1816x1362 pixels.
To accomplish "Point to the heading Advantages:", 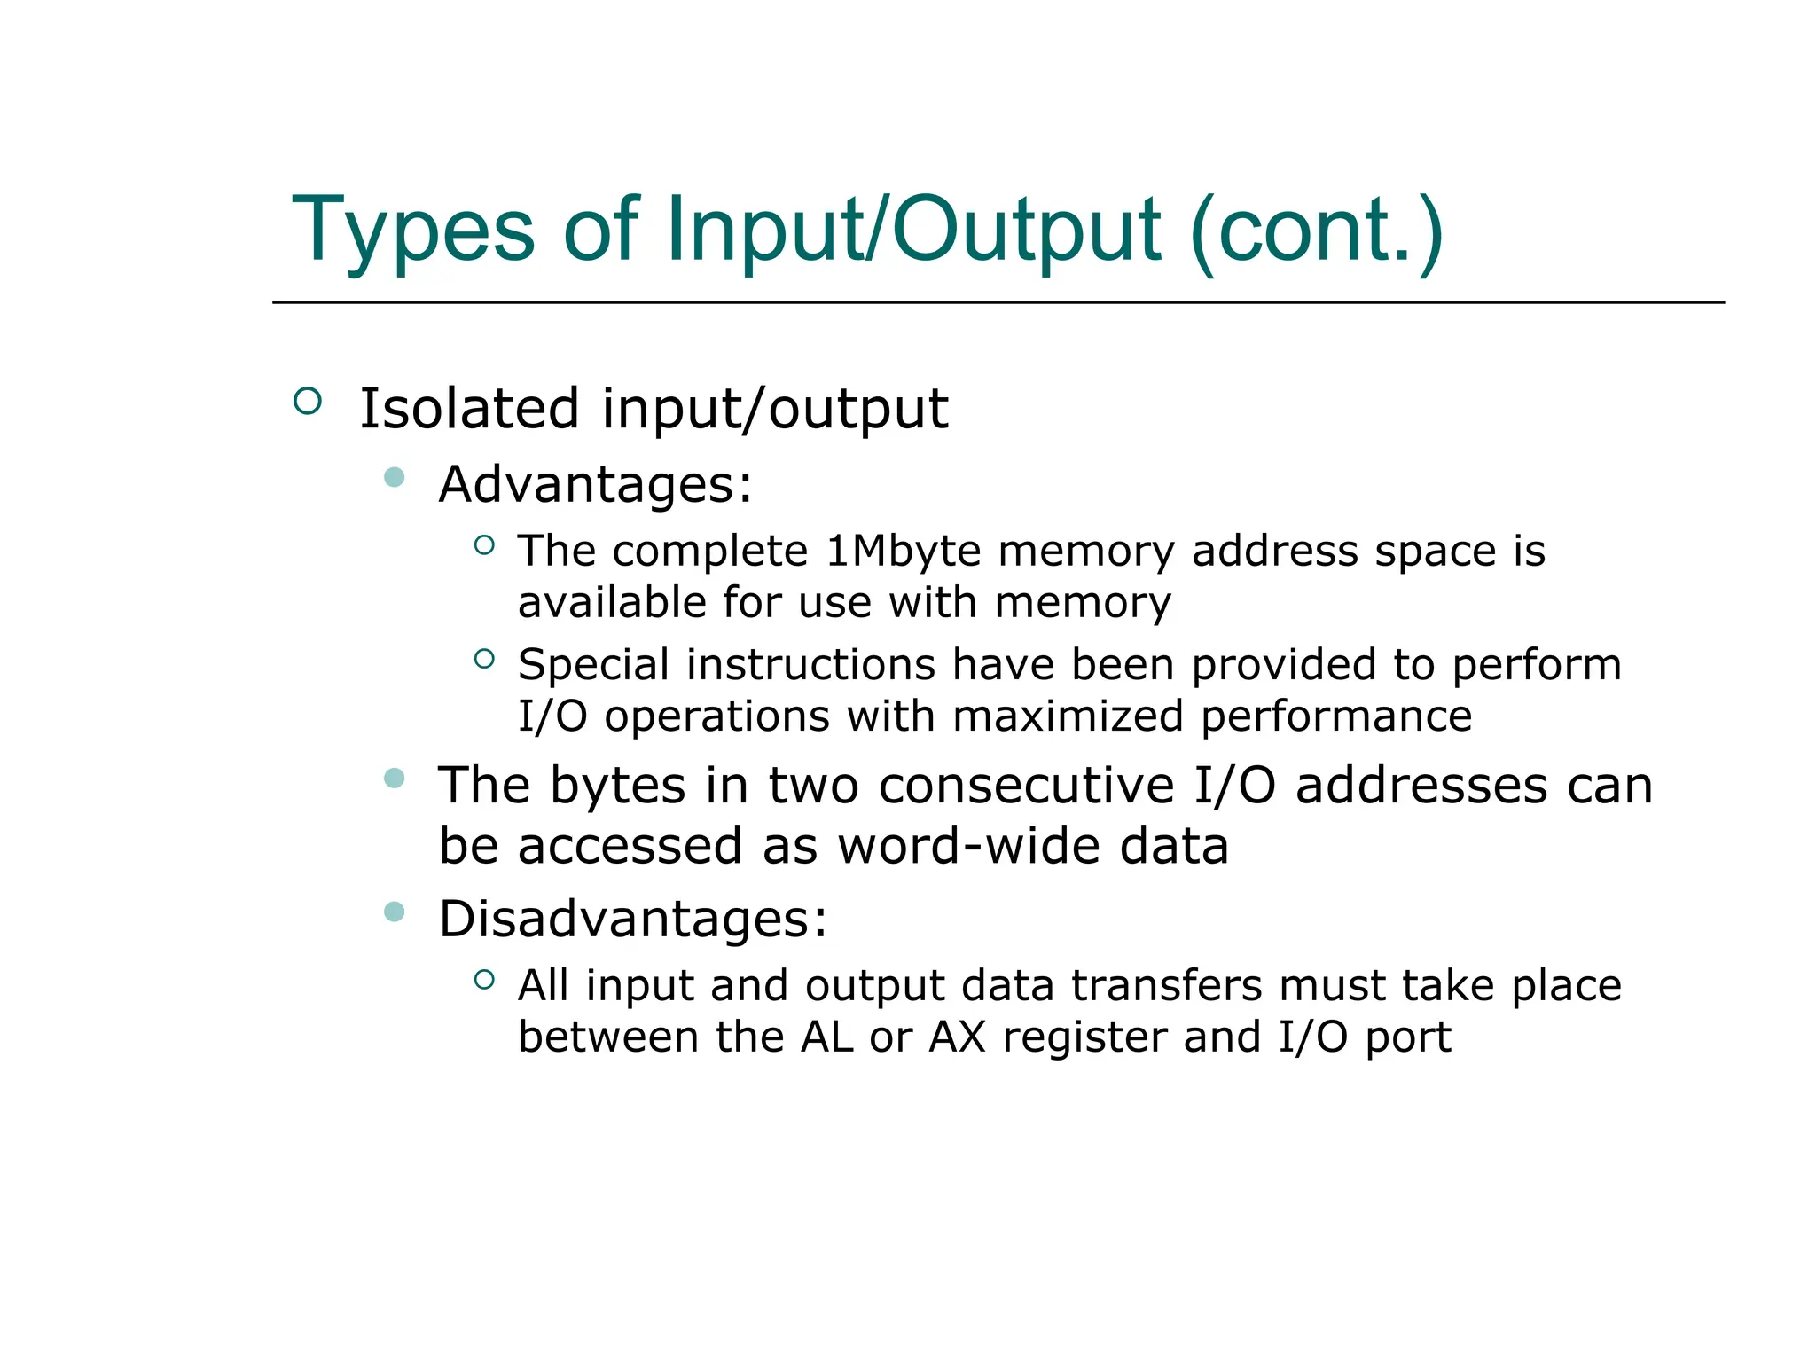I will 595,485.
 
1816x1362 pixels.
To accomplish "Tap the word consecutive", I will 1027,786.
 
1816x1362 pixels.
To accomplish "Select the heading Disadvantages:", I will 633,919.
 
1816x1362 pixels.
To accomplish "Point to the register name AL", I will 826,1037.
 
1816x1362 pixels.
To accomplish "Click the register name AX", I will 957,1037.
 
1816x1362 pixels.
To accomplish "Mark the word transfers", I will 1166,986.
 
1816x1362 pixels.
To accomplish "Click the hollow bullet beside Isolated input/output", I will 307,402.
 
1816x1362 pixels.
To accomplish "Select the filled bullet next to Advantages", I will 395,478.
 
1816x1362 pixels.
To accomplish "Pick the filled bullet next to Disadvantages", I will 395,912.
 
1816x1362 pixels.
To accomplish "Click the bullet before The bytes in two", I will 395,779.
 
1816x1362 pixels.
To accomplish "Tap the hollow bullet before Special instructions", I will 483,659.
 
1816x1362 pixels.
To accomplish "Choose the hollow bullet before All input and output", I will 483,980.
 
